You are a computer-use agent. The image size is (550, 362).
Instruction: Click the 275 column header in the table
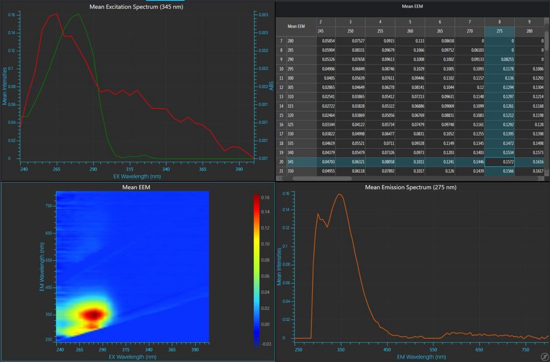(499, 31)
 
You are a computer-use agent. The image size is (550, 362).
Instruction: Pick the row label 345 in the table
(291, 161)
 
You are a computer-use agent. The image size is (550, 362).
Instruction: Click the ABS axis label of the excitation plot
(271, 86)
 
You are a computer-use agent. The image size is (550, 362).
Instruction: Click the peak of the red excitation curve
(56, 14)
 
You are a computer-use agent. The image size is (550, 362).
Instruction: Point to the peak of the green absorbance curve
(79, 14)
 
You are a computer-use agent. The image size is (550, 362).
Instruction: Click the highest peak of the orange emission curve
(340, 195)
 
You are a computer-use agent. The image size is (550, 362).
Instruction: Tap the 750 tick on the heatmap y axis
(48, 206)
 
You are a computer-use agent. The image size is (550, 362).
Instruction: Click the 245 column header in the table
(320, 31)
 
